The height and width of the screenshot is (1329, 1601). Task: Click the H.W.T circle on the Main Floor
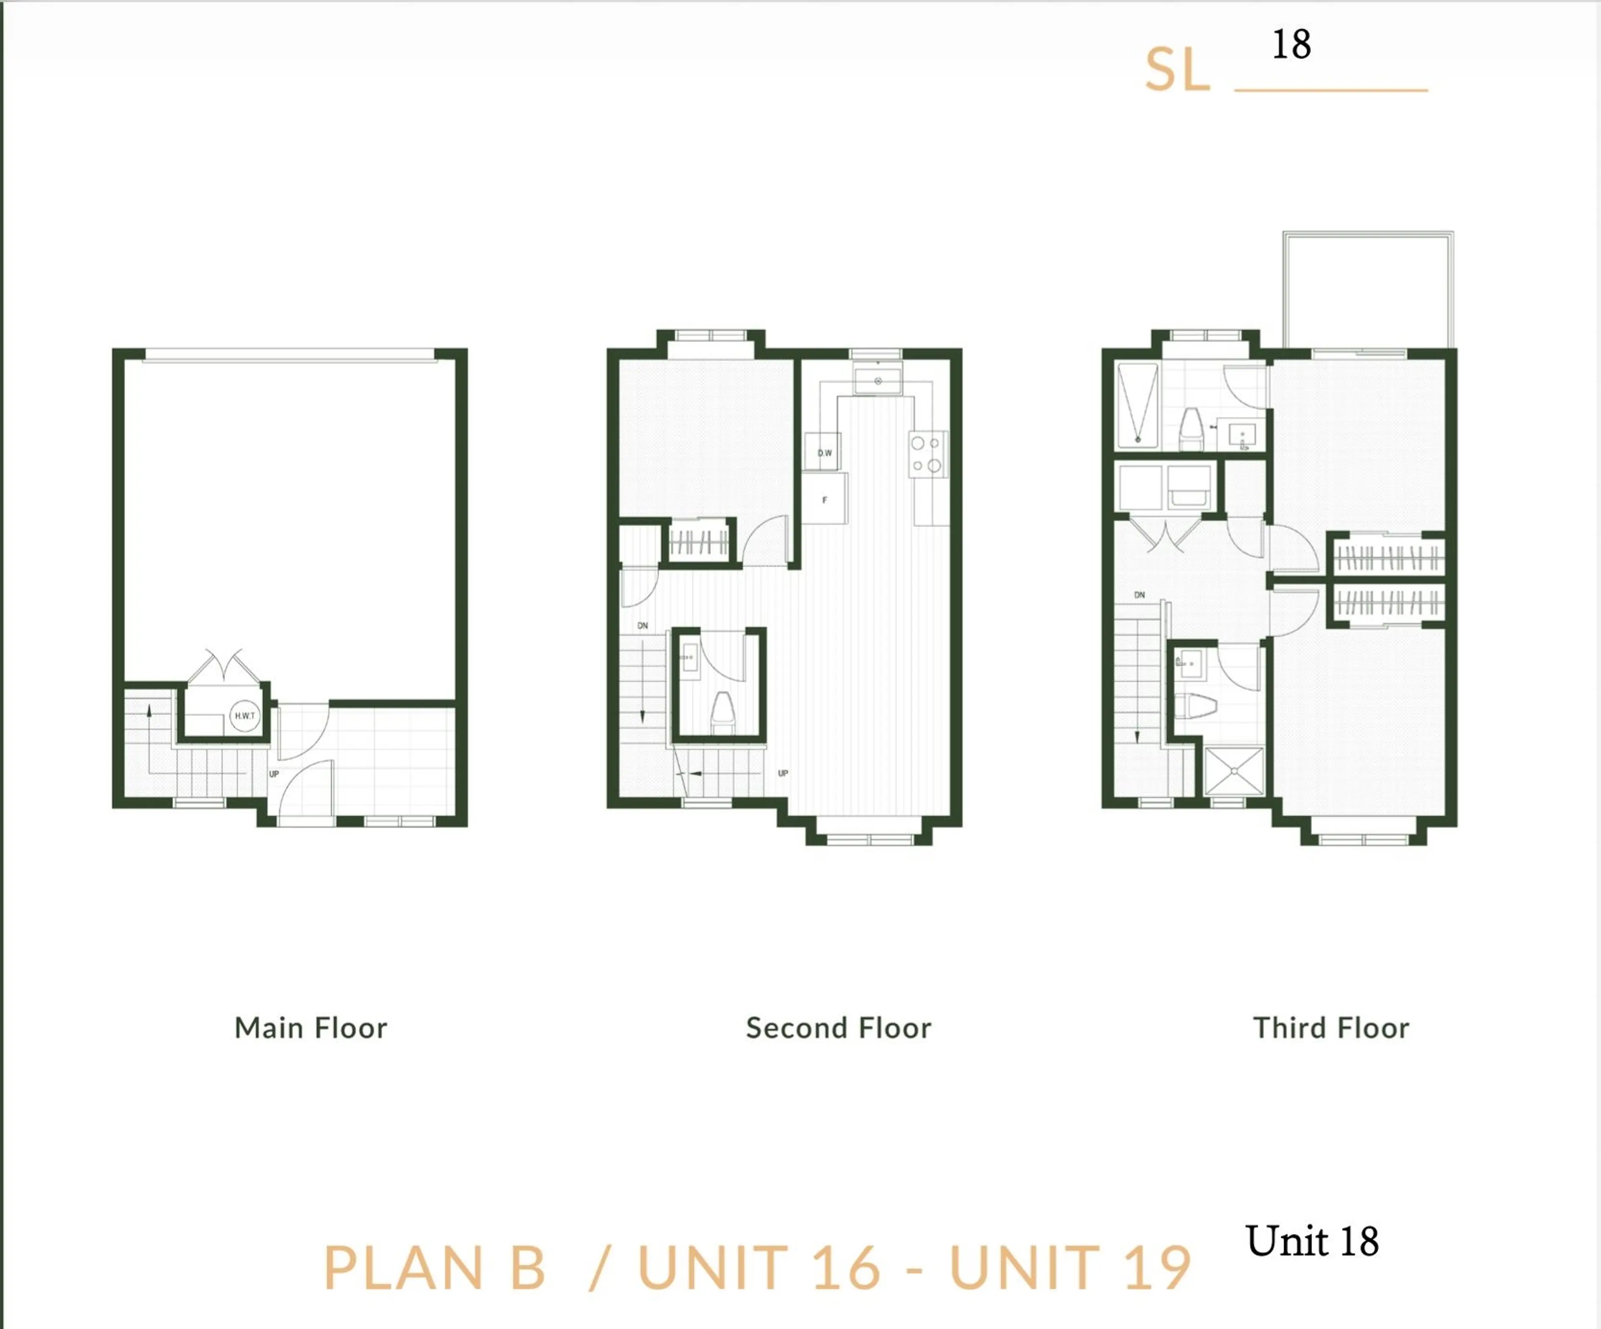(x=245, y=716)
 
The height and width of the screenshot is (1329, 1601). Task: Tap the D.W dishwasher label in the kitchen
(x=824, y=453)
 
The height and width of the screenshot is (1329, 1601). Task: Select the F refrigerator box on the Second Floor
(x=824, y=500)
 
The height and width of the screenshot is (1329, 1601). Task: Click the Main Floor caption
(x=310, y=1028)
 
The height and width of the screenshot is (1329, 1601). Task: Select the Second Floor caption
(x=838, y=1028)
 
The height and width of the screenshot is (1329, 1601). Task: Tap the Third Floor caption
(x=1330, y=1028)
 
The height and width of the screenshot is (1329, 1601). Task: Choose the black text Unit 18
(x=1311, y=1241)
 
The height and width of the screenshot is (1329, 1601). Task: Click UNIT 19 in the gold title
(x=1069, y=1268)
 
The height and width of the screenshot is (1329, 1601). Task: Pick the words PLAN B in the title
(x=434, y=1268)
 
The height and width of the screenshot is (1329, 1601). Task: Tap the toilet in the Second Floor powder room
(x=722, y=711)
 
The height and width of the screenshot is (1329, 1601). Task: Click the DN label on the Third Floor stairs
(x=1139, y=595)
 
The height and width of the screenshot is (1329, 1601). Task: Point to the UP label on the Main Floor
(x=274, y=774)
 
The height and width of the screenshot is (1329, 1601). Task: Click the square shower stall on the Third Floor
(x=1234, y=771)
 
